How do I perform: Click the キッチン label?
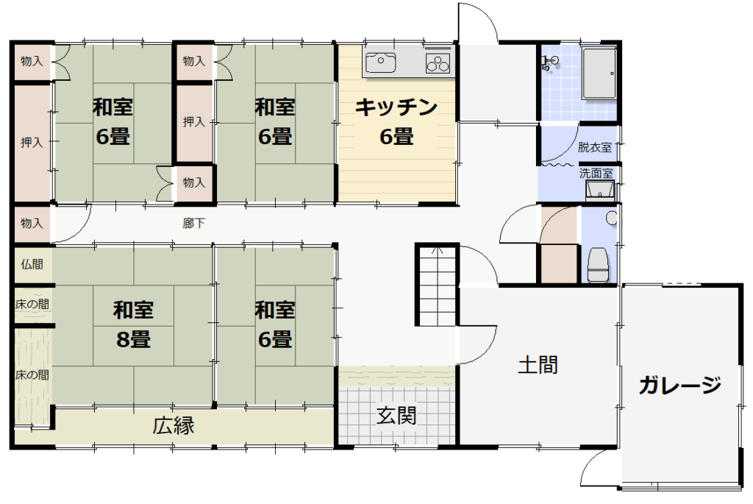pyautogui.click(x=396, y=107)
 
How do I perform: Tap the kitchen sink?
pyautogui.click(x=380, y=62)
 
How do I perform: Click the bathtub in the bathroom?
pyautogui.click(x=599, y=73)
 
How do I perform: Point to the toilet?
pyautogui.click(x=599, y=265)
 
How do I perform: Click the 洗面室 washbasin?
pyautogui.click(x=600, y=191)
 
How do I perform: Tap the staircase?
pyautogui.click(x=437, y=285)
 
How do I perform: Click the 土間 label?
pyautogui.click(x=538, y=365)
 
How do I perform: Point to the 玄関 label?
pyautogui.click(x=396, y=416)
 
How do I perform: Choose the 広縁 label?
pyautogui.click(x=174, y=426)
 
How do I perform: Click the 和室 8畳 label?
pyautogui.click(x=133, y=324)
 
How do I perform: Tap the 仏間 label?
pyautogui.click(x=32, y=264)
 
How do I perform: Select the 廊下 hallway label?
pyautogui.click(x=193, y=224)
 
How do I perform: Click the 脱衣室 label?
pyautogui.click(x=594, y=147)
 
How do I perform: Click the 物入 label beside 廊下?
pyautogui.click(x=32, y=224)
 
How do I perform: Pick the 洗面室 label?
pyautogui.click(x=596, y=173)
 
